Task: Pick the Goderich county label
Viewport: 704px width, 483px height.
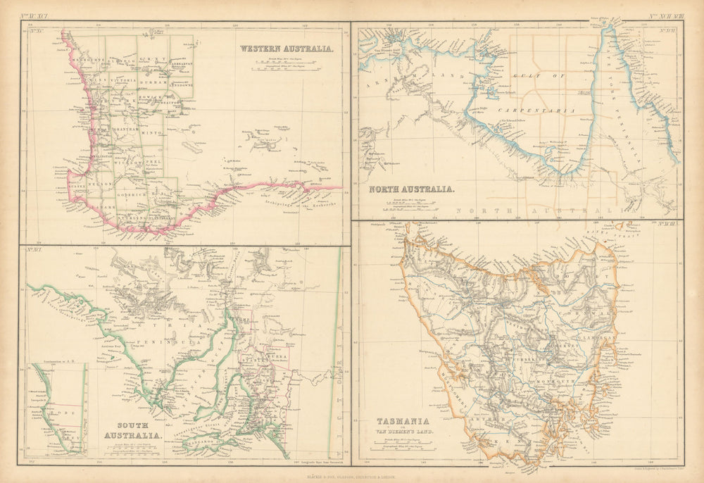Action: [x=130, y=191]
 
